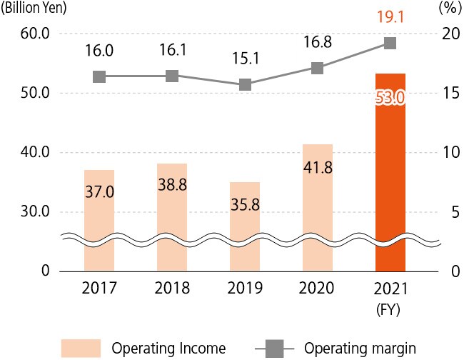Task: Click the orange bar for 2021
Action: click(390, 171)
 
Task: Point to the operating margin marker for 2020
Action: click(318, 69)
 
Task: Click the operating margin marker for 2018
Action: click(172, 76)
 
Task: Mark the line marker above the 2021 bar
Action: click(390, 44)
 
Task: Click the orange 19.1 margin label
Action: click(390, 15)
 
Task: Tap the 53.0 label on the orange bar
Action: click(390, 97)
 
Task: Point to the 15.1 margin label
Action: click(245, 56)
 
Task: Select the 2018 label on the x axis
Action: click(172, 289)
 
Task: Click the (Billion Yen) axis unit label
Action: click(34, 9)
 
